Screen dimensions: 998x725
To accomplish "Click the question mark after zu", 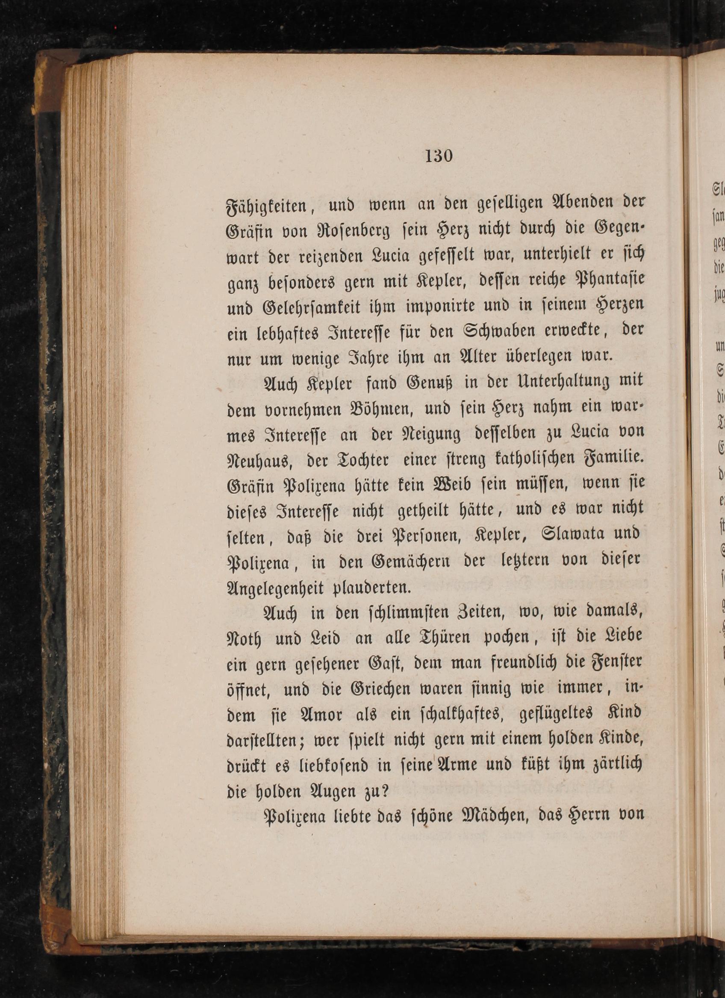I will tap(383, 792).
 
